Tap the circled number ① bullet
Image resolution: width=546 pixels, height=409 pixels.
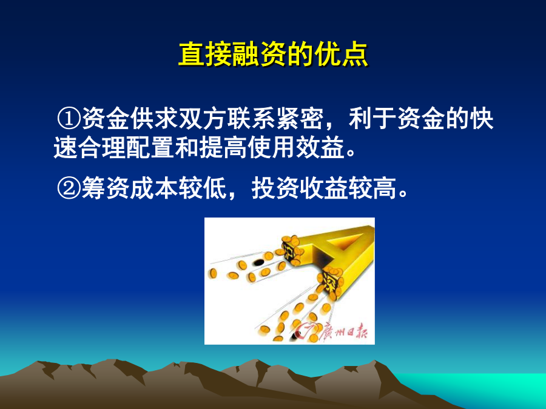(69, 118)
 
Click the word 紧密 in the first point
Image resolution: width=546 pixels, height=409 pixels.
(300, 118)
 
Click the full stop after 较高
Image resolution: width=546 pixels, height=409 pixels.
(403, 194)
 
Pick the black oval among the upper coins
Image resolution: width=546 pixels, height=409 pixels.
(258, 262)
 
